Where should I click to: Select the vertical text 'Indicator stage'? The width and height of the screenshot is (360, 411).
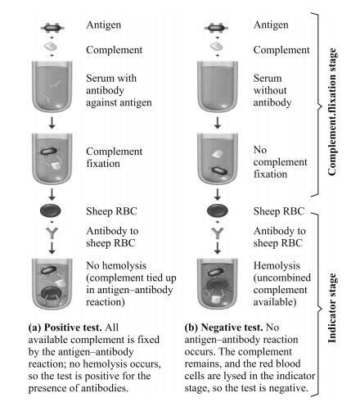point(335,305)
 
